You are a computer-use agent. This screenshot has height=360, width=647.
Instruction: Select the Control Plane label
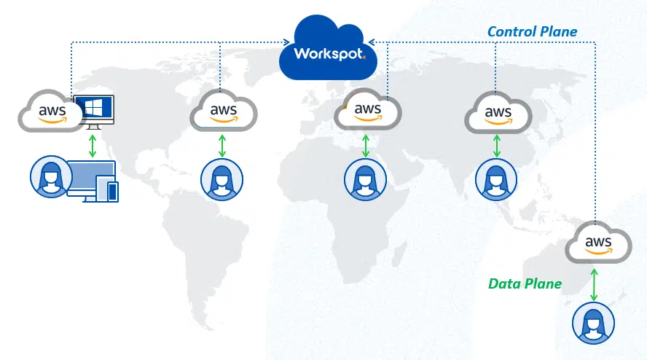[x=532, y=31]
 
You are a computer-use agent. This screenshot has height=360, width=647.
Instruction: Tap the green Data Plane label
[x=525, y=283]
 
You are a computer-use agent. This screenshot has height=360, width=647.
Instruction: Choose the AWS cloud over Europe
[x=368, y=111]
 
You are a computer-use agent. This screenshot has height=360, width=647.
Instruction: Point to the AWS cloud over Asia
[x=498, y=113]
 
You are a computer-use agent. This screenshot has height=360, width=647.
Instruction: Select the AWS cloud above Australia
[x=598, y=243]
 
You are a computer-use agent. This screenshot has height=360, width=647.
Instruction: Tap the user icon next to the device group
[x=51, y=177]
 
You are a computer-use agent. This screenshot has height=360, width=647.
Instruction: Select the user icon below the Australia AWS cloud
[x=593, y=322]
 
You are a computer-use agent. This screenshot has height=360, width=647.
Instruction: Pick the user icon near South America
[x=222, y=179]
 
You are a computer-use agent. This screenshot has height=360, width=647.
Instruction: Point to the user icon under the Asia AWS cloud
[x=496, y=179]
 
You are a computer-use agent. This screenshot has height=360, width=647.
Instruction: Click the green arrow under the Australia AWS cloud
[x=595, y=283]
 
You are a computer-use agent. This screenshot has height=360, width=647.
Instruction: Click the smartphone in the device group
[x=112, y=192]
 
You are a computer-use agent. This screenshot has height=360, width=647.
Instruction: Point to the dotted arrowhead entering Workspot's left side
[x=286, y=42]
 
